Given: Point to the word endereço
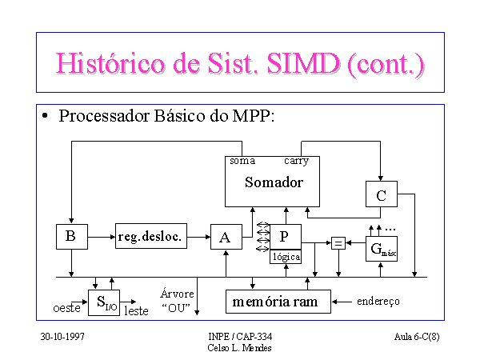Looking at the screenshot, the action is point(378,302).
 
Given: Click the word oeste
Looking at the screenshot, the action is point(66,308).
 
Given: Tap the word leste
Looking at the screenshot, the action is point(136,311).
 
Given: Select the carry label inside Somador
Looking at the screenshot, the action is point(296,161).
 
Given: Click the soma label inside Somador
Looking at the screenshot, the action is point(242,161).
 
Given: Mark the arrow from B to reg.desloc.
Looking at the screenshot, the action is point(102,237).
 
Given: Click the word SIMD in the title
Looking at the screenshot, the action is point(303,63).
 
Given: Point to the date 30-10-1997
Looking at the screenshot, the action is point(62,337).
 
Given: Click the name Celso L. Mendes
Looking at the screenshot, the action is point(239,348).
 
